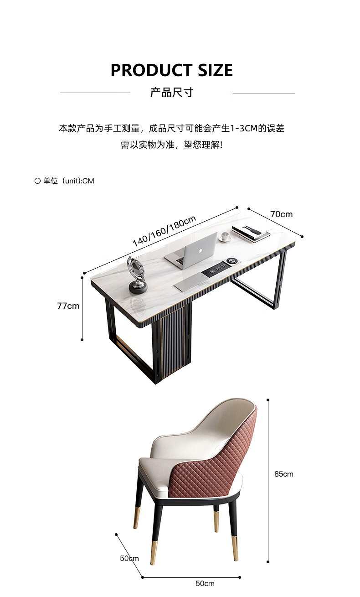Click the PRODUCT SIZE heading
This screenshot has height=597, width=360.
click(171, 70)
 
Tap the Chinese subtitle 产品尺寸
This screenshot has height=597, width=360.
click(172, 93)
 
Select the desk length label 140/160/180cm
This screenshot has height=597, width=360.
click(164, 231)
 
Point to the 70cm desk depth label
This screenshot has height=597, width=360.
click(281, 214)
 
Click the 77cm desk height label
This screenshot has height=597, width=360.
click(68, 306)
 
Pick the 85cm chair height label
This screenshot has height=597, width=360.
click(283, 474)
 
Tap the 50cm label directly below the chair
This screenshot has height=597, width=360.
click(205, 583)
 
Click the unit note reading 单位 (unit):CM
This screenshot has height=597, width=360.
click(68, 181)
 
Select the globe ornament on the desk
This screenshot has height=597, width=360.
click(137, 274)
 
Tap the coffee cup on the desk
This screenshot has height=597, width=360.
click(225, 236)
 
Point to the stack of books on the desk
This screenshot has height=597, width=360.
click(250, 233)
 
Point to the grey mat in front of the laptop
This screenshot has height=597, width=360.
click(189, 283)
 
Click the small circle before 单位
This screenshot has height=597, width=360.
click(38, 181)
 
